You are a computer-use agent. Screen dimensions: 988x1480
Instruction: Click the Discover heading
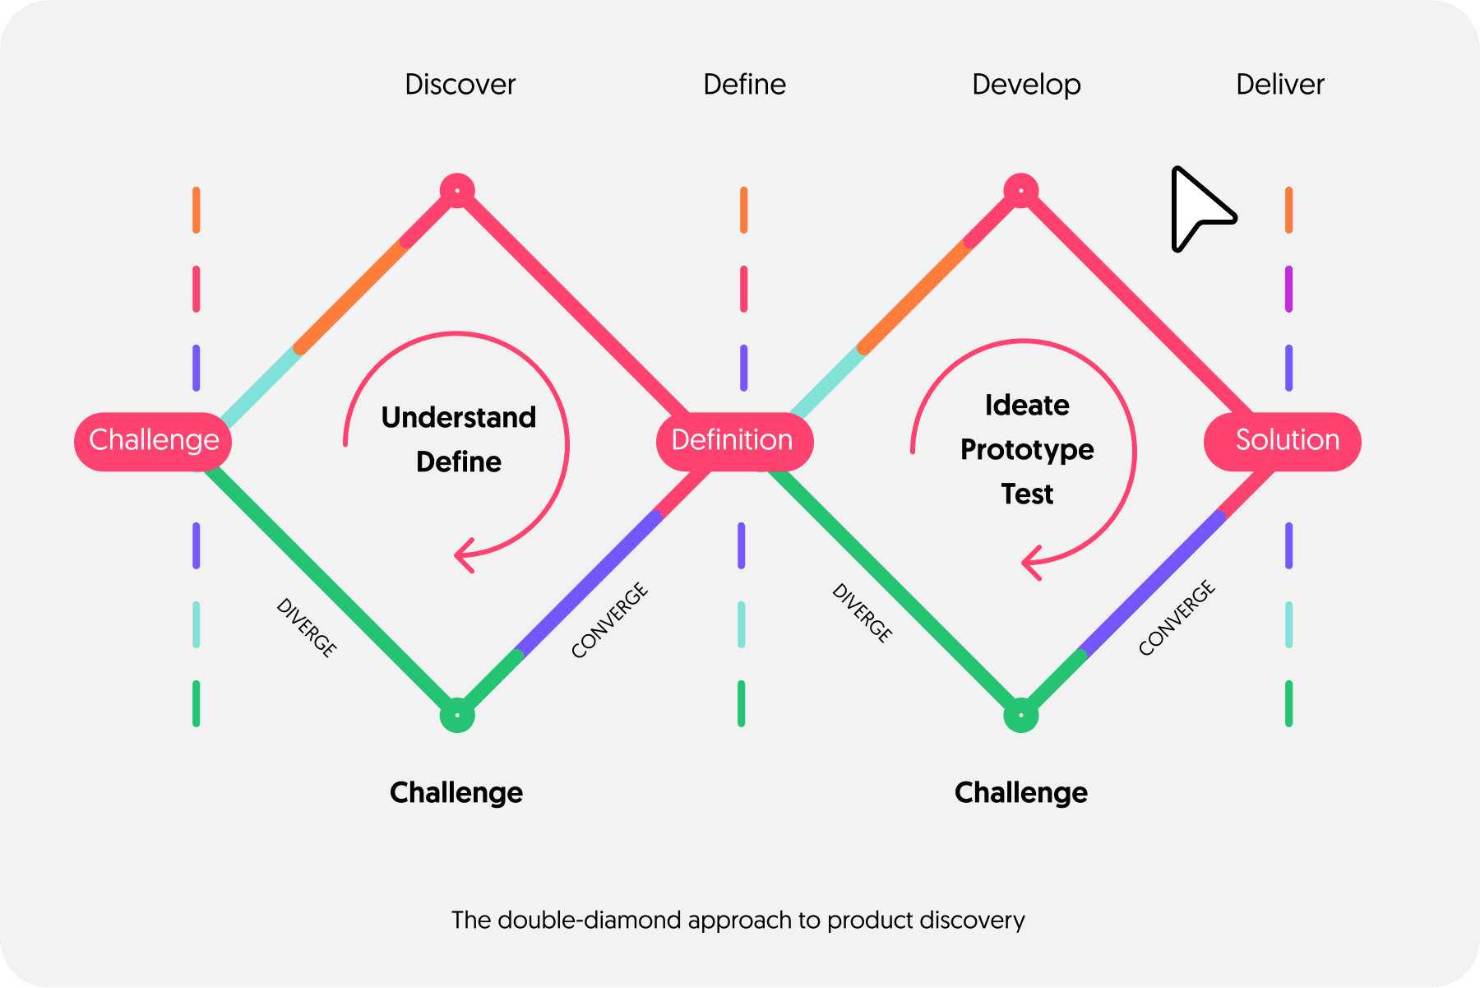460,85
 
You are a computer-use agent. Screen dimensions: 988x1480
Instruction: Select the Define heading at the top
744,85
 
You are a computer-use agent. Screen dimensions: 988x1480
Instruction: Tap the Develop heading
1026,85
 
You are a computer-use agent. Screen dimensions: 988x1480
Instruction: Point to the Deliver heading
1280,85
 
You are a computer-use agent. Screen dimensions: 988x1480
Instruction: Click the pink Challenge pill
154,441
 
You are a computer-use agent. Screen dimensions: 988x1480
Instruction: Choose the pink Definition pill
733,441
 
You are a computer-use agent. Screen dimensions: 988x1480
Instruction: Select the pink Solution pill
1286,441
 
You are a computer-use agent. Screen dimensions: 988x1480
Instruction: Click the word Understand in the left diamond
459,418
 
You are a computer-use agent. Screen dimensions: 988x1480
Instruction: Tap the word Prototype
1027,450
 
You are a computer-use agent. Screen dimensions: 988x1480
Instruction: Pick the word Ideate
1027,406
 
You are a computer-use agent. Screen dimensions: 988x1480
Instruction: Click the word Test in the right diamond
1027,494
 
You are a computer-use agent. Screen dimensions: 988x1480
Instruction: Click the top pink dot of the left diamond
457,191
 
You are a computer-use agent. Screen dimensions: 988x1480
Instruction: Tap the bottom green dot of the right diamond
1020,716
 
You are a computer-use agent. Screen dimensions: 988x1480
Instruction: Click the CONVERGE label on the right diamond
1177,619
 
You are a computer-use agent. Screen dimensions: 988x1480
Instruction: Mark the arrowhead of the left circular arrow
462,555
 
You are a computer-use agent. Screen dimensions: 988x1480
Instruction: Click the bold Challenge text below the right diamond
1020,793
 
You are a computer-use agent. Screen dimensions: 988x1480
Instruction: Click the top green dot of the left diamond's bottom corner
457,716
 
